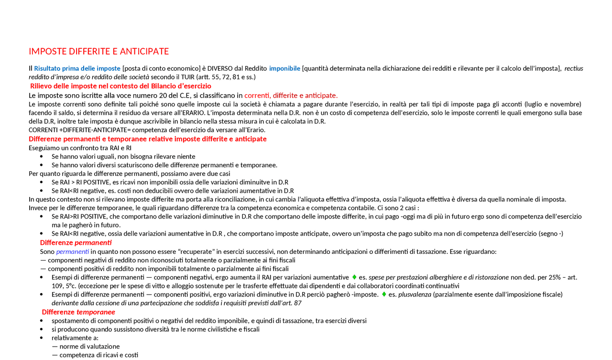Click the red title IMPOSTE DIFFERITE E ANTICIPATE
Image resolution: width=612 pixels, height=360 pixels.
coord(98,52)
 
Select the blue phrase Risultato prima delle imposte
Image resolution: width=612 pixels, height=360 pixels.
coord(77,68)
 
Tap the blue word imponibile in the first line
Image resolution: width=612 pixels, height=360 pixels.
coord(284,68)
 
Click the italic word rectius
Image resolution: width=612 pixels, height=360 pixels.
coord(574,68)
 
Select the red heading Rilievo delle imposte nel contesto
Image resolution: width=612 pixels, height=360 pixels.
coord(120,86)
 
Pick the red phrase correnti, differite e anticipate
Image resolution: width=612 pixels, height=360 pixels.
coord(291,95)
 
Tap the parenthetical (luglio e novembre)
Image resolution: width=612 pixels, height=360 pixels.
coord(553,104)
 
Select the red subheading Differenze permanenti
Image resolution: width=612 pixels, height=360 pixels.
coord(76,243)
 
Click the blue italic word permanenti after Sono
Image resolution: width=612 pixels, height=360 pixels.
coord(72,251)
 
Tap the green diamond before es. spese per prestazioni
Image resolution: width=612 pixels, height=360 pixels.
coord(354,277)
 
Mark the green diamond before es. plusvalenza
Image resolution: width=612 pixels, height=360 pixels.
coord(384,295)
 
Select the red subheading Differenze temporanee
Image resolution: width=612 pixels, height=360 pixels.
coord(78,312)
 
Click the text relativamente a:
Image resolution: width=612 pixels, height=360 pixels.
coord(75,338)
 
